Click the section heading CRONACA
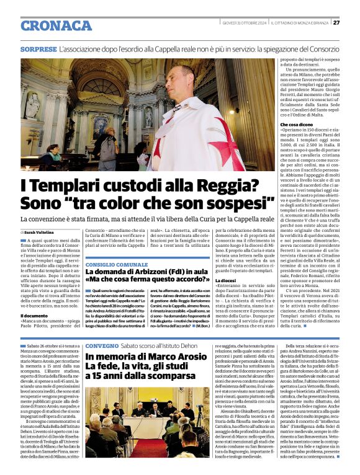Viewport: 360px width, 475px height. [56, 25]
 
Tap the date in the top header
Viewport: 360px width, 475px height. [245, 23]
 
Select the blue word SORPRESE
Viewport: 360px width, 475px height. [38, 48]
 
